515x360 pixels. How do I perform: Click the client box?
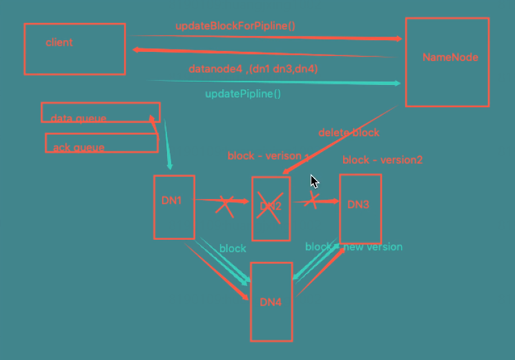[75, 49]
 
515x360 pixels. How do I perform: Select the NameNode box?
[447, 62]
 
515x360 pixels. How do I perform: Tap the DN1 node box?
[174, 207]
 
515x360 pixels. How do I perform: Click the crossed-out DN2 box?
[271, 208]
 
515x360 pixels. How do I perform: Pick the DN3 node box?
[360, 208]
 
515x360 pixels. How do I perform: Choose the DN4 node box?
[271, 301]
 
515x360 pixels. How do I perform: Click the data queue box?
[100, 113]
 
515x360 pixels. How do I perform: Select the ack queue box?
[101, 143]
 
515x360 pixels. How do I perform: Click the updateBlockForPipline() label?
[235, 26]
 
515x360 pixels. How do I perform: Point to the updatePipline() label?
[243, 93]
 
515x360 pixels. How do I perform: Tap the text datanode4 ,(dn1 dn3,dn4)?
[253, 69]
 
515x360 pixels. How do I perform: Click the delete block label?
[349, 132]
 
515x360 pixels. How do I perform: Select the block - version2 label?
[382, 160]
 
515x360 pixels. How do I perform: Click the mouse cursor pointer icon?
[314, 182]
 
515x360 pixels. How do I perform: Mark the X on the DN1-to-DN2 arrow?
[224, 205]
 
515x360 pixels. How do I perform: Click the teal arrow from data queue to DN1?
[164, 145]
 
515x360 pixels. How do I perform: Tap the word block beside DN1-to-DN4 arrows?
[233, 248]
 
